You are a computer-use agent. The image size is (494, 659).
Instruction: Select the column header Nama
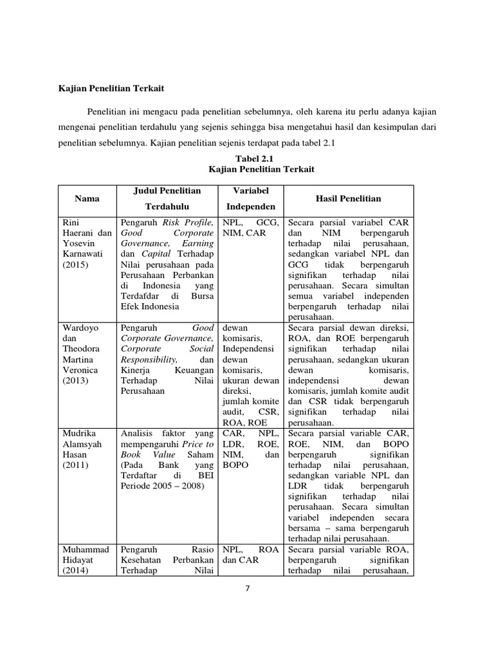tap(87, 198)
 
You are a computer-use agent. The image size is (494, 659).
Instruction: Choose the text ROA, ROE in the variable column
tap(244, 422)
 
